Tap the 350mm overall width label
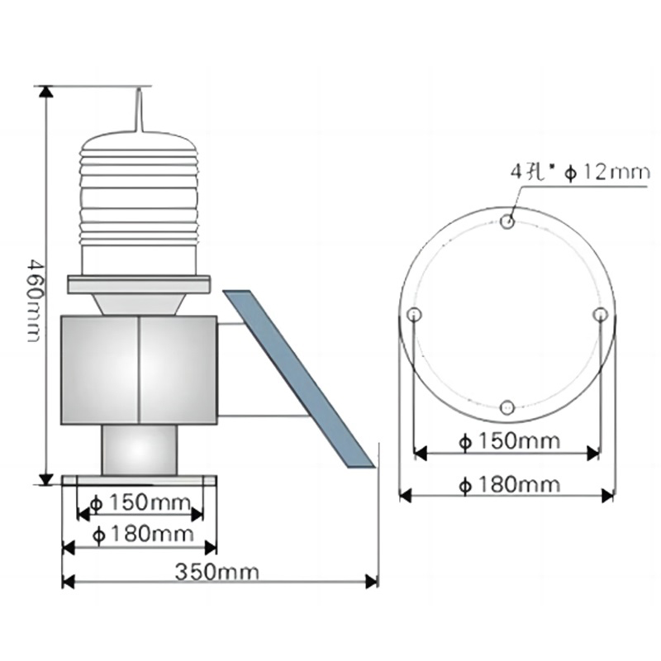coord(217,572)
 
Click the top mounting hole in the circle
coord(507,221)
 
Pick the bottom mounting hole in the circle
coord(507,407)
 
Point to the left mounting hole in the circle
coord(415,314)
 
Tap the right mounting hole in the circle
coord(601,314)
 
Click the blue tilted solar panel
coord(299,378)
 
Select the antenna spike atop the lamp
coord(139,110)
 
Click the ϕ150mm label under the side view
coord(140,502)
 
